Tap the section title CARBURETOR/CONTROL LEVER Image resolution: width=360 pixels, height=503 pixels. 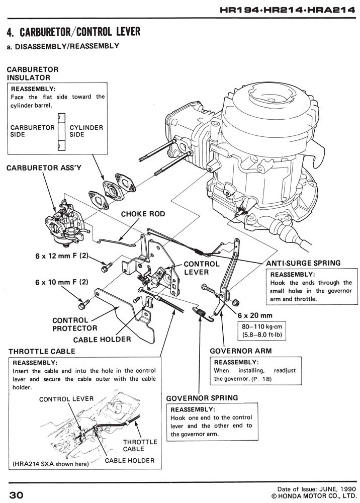pyautogui.click(x=73, y=33)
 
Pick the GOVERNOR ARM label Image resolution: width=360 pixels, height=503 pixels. pyautogui.click(x=235, y=351)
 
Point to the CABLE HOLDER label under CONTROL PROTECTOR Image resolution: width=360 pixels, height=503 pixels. pyautogui.click(x=102, y=340)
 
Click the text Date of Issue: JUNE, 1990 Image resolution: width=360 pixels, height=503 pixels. pyautogui.click(x=312, y=488)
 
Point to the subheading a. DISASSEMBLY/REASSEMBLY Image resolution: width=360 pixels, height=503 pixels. pyautogui.click(x=63, y=46)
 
